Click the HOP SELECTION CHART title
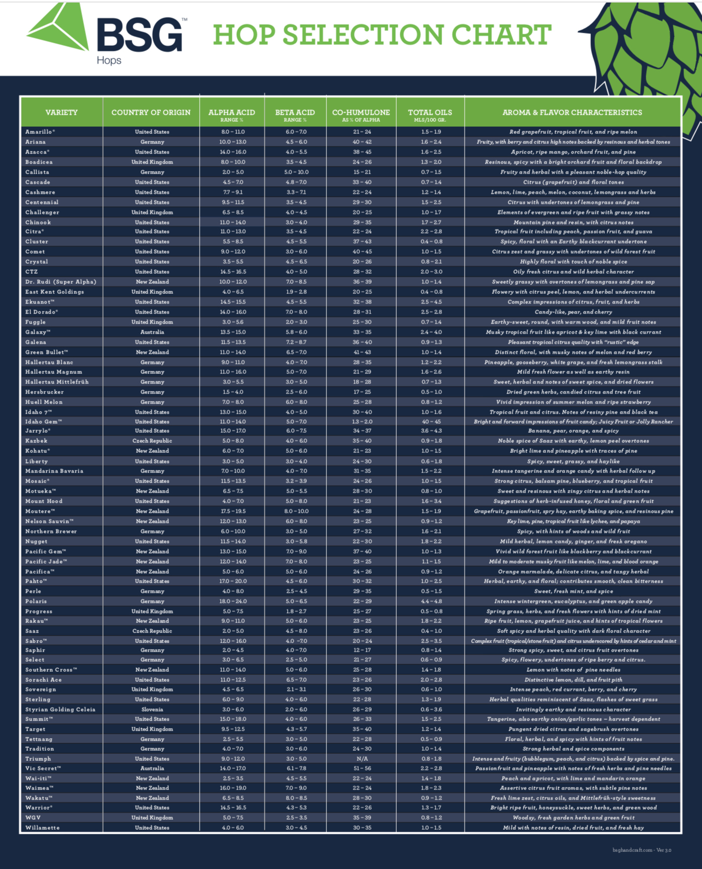coord(382,35)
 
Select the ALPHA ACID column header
coord(232,114)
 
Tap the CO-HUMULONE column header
coord(361,114)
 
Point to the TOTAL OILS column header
coord(430,114)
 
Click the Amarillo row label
coord(40,132)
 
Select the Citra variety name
coord(35,231)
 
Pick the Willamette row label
coord(43,828)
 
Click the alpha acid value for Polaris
coord(232,601)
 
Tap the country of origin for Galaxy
coord(152,332)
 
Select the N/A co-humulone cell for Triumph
coord(362,759)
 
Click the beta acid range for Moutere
coord(296,511)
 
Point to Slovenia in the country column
coord(152,709)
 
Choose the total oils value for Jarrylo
coord(431,431)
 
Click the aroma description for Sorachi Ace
coord(573,680)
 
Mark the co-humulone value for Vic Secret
coord(362,768)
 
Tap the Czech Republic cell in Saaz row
coord(152,631)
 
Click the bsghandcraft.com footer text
coord(642,850)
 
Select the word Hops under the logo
coord(109,60)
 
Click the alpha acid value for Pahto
coord(232,581)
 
